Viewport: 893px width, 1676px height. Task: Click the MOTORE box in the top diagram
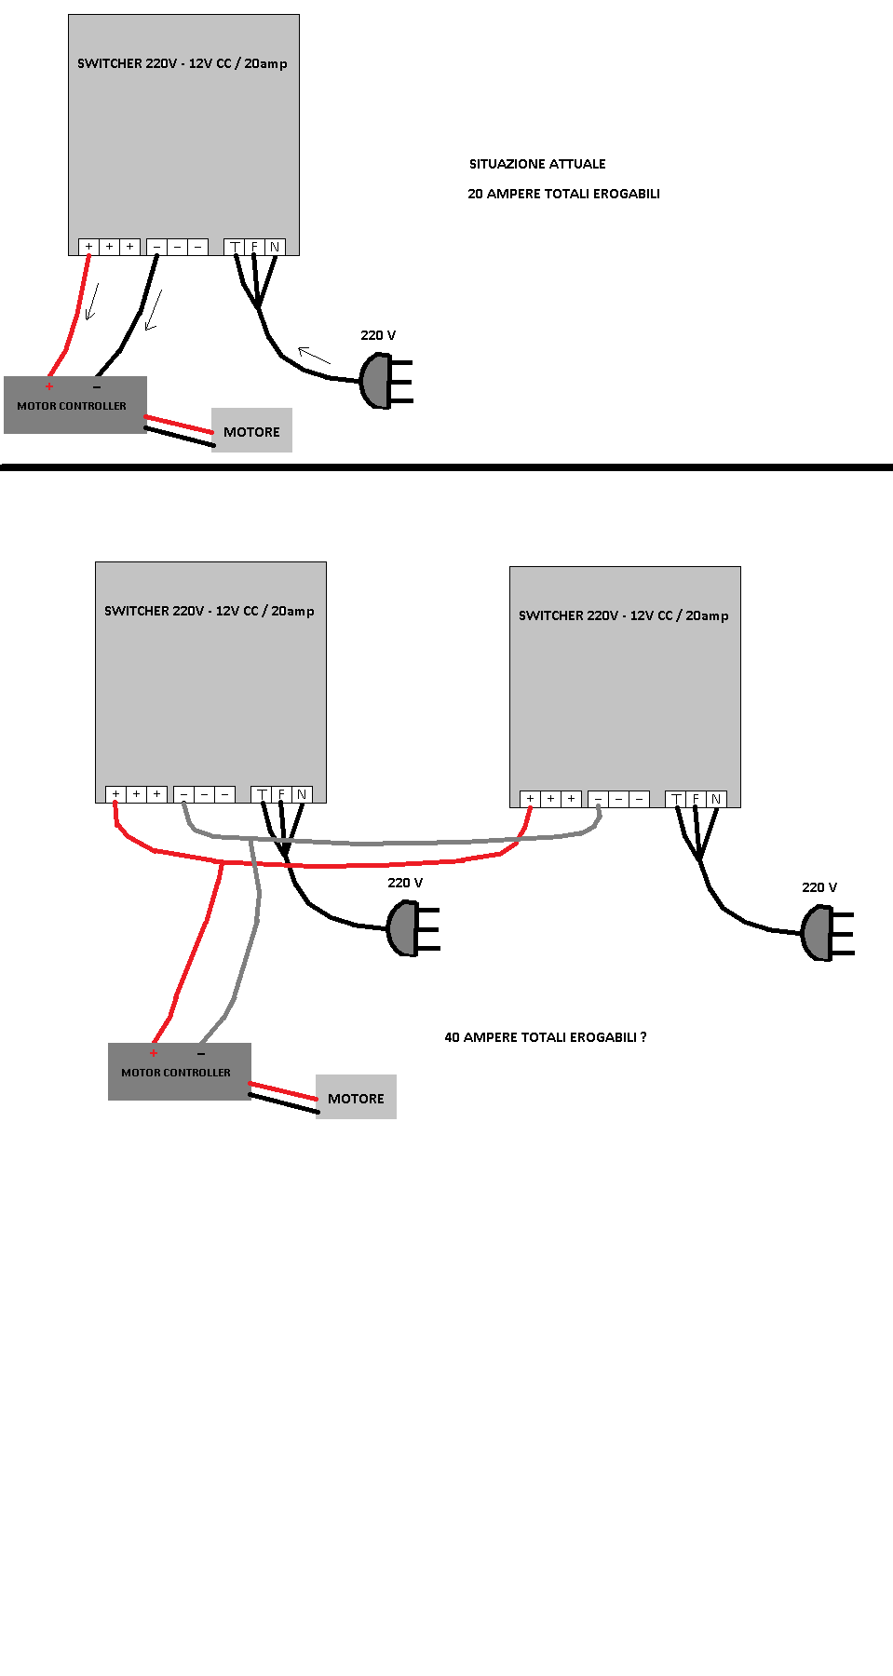(251, 431)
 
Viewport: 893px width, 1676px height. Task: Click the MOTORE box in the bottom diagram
(356, 1098)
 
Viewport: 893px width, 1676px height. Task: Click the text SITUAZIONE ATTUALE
(537, 164)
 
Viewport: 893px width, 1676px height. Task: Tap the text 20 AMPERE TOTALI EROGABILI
(563, 194)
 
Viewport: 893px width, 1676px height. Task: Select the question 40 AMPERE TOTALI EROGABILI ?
(545, 1037)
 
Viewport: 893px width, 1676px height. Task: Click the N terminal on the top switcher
(275, 247)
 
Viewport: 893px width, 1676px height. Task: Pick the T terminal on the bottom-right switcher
(676, 799)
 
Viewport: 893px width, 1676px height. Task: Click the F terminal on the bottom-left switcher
(281, 794)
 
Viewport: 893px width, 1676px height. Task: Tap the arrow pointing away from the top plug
(314, 355)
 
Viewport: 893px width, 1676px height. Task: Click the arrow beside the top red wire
(91, 303)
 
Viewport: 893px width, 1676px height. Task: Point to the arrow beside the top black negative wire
(154, 310)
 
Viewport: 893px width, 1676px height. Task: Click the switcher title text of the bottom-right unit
(623, 615)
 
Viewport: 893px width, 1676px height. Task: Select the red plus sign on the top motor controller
(49, 385)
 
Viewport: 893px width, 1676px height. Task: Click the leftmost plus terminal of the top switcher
(88, 247)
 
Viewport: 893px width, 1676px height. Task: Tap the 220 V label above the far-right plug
(819, 887)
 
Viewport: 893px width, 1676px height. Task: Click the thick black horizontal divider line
(447, 467)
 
